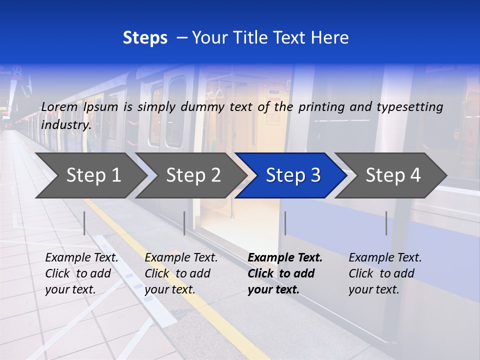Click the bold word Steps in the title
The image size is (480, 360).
click(145, 38)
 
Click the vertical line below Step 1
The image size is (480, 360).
click(84, 223)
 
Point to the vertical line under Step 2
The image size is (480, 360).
click(184, 223)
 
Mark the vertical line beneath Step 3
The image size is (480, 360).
click(285, 223)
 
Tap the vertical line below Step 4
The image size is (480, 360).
click(386, 223)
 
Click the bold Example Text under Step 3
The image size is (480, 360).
click(285, 273)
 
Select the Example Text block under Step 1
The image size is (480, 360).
click(81, 273)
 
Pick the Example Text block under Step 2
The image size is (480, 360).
click(181, 273)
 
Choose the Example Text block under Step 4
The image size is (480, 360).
click(385, 273)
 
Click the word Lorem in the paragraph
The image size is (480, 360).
click(59, 106)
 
